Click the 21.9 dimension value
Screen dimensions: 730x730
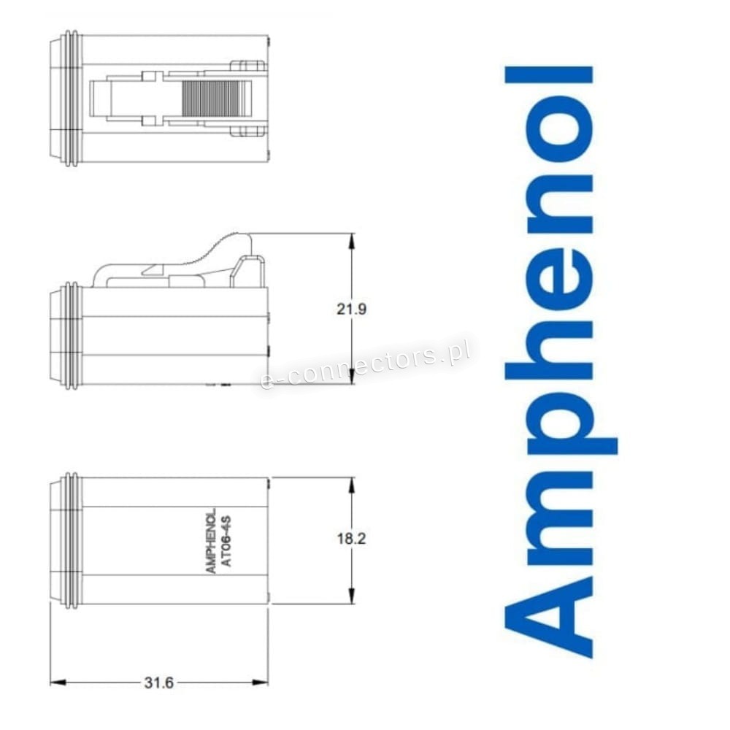352,309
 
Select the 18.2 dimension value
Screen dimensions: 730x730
352,539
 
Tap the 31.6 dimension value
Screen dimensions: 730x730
158,683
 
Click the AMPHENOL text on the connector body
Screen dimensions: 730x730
211,540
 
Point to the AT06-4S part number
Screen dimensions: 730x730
227,541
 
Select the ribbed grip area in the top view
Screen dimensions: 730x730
212,99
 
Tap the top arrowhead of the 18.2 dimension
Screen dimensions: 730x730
352,485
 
